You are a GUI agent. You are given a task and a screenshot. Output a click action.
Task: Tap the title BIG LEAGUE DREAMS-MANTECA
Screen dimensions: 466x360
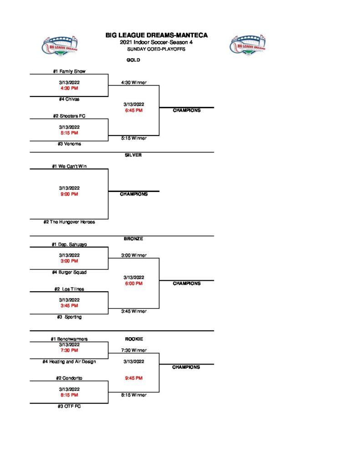[157, 35]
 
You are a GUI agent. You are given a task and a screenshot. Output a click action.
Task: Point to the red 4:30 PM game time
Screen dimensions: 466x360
[69, 88]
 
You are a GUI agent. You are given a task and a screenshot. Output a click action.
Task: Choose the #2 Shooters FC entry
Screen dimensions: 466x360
[69, 116]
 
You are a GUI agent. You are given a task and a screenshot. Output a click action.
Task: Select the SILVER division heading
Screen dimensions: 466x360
[133, 155]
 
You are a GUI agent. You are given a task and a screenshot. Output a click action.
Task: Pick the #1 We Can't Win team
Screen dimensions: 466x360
[69, 167]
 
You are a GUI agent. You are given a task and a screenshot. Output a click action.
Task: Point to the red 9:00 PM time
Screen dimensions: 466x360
[69, 194]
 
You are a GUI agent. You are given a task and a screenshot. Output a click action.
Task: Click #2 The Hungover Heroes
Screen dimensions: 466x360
[69, 222]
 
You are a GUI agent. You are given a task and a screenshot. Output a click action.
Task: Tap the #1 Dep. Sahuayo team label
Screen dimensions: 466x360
[69, 244]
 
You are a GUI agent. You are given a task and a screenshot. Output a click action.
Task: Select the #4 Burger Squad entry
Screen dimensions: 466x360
[69, 272]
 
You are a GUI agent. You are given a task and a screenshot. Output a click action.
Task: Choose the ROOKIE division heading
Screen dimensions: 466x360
[133, 339]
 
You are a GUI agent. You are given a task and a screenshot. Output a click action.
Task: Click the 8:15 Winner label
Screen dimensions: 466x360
[133, 395]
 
